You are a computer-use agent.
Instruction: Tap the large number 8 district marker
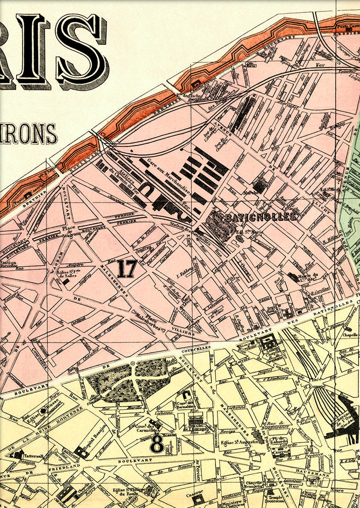click(157, 443)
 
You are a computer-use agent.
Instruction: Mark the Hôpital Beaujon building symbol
click(82, 452)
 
